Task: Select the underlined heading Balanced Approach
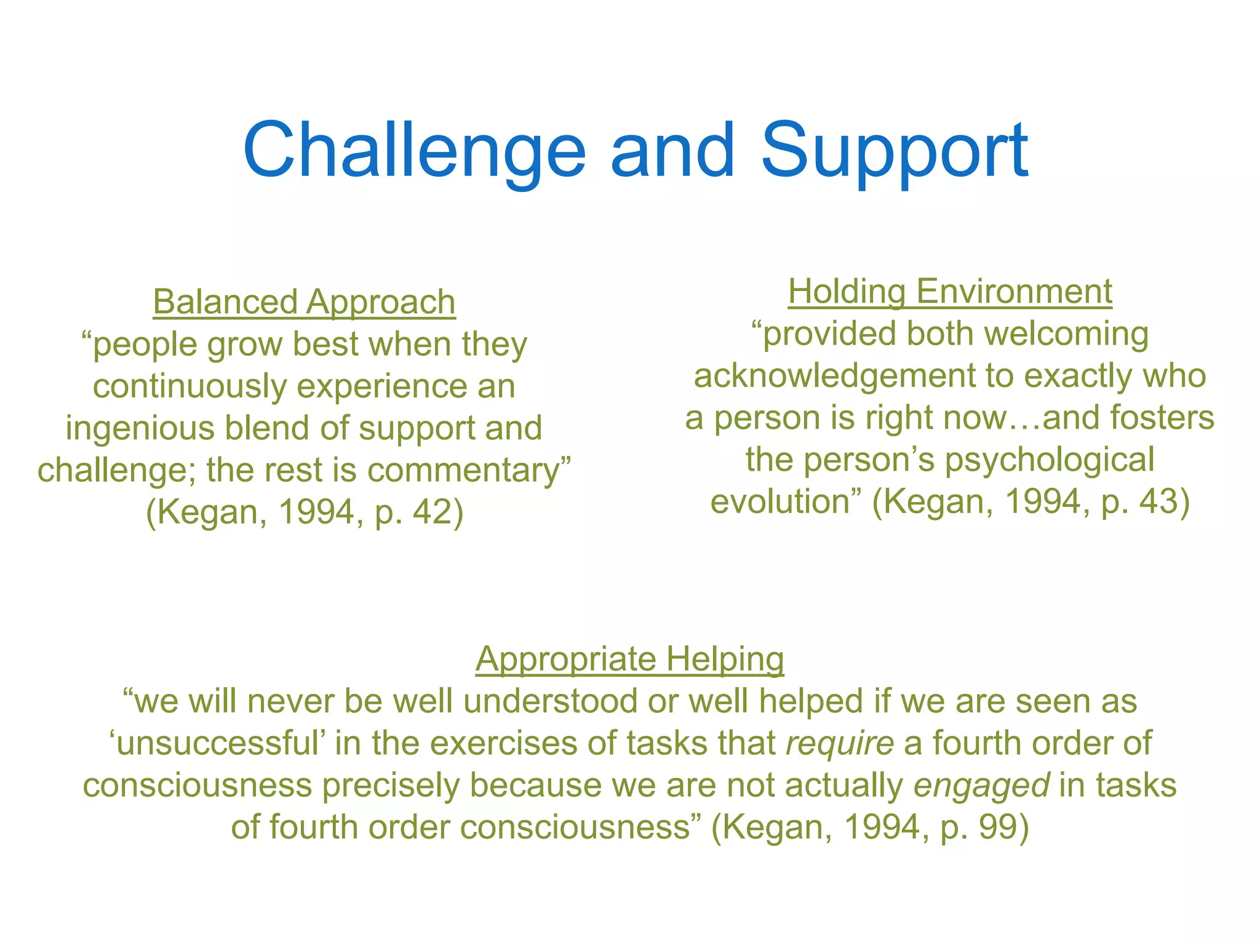pos(304,302)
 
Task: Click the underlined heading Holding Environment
pos(950,292)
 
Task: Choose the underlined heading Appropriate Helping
pos(629,659)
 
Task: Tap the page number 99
pos(998,827)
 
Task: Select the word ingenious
pos(140,428)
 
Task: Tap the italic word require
pos(840,743)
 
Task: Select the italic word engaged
pos(981,786)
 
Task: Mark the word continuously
pos(190,386)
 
